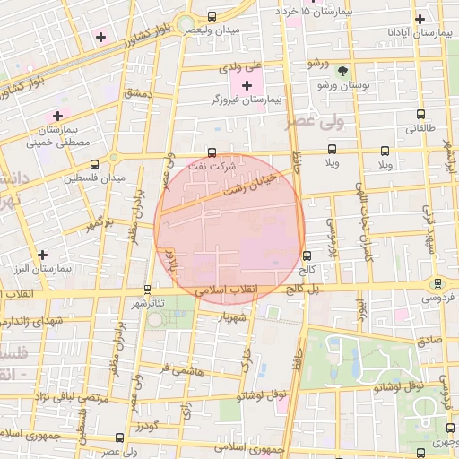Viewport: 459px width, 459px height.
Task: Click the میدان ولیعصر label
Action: click(x=212, y=30)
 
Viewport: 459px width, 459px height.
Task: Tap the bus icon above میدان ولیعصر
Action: click(x=212, y=16)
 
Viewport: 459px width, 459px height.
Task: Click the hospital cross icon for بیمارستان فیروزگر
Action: click(x=247, y=85)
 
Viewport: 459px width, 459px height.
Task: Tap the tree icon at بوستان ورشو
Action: click(x=342, y=72)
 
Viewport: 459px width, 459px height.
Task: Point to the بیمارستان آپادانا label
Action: click(x=420, y=32)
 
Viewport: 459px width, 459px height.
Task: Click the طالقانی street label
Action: click(x=420, y=128)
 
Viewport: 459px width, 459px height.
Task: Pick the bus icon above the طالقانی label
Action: click(x=421, y=115)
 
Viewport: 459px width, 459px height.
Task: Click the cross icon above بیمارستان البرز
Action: click(x=43, y=255)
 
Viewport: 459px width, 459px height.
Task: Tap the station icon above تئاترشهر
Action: click(x=148, y=290)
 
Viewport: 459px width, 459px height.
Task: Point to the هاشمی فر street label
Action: click(x=177, y=368)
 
